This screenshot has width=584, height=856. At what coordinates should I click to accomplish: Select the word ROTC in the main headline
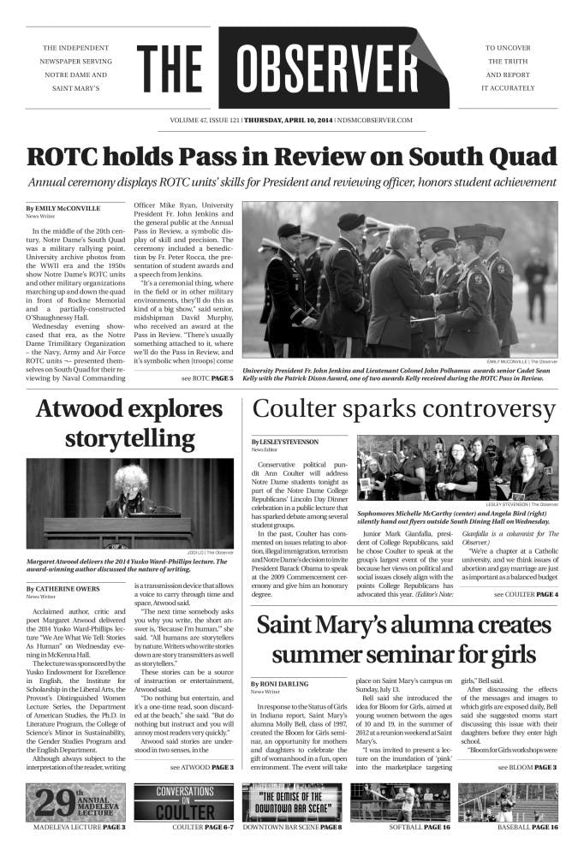coord(62,158)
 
